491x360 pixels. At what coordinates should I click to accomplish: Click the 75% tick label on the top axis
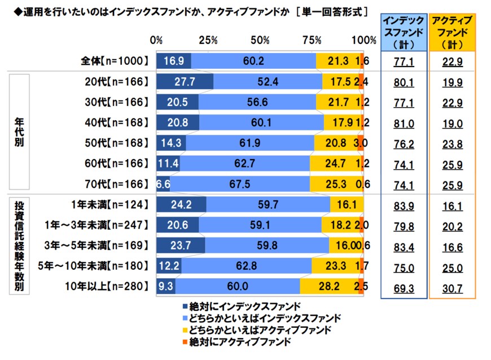[312, 41]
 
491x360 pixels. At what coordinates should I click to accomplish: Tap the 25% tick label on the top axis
[208, 41]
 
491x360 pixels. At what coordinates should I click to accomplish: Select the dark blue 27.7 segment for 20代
[185, 81]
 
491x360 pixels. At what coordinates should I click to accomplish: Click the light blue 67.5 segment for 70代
[239, 184]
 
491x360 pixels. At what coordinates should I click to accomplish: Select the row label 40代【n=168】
[116, 122]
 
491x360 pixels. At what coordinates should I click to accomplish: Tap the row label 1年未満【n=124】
[109, 205]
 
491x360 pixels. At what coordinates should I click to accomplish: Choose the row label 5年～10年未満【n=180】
[99, 266]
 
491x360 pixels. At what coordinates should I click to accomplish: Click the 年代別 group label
[20, 133]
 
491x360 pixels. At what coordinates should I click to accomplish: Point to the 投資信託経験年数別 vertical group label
[20, 245]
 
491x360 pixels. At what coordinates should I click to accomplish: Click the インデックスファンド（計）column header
[402, 33]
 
